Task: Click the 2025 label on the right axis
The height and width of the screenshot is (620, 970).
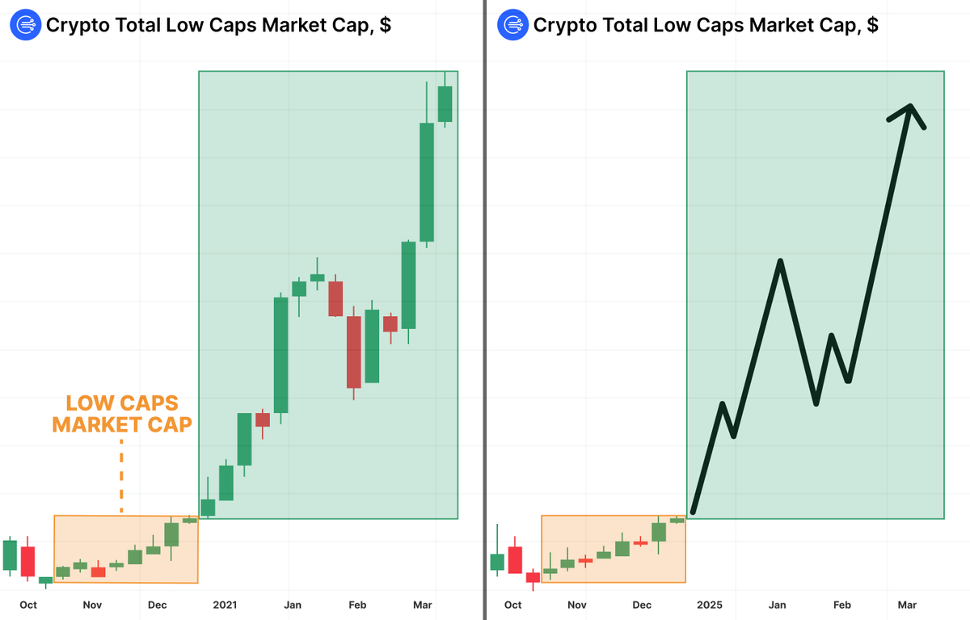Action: click(710, 605)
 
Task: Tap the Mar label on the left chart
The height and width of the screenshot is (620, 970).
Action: click(423, 605)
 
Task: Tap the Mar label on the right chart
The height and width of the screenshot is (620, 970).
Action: click(908, 605)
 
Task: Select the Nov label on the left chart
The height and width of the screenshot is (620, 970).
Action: click(92, 605)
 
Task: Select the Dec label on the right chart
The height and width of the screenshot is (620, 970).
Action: click(642, 605)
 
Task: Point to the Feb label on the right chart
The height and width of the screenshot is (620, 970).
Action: click(841, 605)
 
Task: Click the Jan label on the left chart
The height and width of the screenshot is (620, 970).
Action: click(293, 605)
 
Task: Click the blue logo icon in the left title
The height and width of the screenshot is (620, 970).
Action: click(25, 25)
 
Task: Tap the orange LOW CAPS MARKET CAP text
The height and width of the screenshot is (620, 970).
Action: click(121, 413)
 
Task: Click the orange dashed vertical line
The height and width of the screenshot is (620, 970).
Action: click(121, 477)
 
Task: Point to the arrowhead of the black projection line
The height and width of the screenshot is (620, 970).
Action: click(910, 108)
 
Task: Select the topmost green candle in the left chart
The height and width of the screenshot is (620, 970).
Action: click(445, 103)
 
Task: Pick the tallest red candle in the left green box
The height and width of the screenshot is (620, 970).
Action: click(353, 352)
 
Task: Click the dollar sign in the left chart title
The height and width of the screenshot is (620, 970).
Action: click(386, 25)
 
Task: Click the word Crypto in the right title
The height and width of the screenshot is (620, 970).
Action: click(561, 25)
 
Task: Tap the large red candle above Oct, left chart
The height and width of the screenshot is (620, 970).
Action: click(28, 561)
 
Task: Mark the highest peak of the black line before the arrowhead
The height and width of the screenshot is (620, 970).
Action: click(780, 261)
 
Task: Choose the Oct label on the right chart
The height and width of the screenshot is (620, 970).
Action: click(512, 605)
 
